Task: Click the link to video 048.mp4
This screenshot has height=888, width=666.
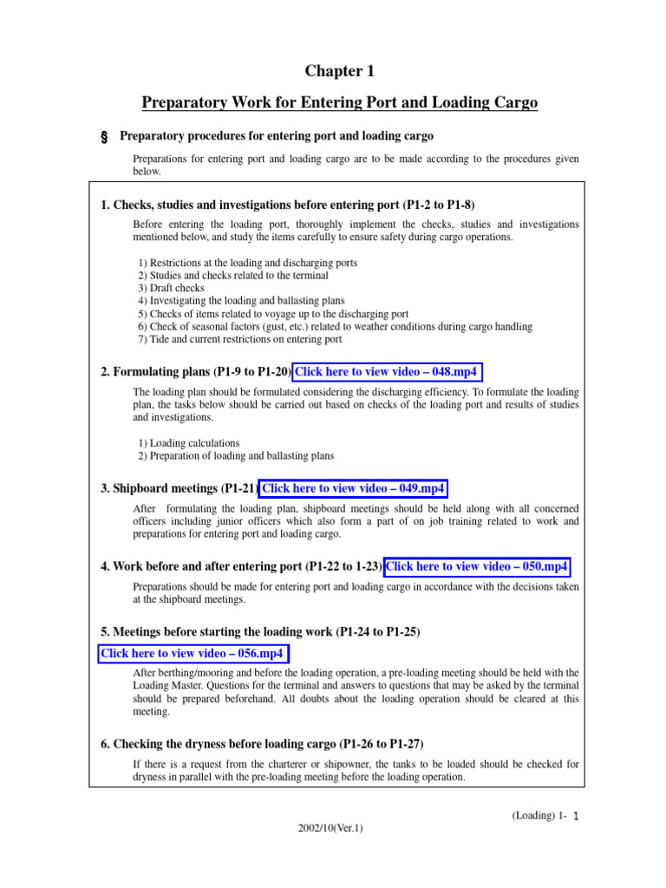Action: (387, 372)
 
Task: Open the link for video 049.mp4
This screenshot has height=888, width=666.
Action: (354, 489)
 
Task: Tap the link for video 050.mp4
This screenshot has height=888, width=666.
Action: (477, 566)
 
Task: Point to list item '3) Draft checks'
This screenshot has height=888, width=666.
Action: (172, 288)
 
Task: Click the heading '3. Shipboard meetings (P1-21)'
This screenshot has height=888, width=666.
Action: (179, 489)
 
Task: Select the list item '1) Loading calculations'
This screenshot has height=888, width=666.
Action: (189, 443)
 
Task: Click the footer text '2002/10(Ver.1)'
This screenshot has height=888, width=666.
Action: (330, 828)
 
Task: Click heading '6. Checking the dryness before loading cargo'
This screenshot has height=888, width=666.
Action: (262, 744)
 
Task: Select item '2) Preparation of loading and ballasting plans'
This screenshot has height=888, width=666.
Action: (236, 455)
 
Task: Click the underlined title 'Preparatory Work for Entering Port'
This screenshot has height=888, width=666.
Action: (339, 103)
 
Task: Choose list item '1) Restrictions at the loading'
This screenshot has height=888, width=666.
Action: (248, 263)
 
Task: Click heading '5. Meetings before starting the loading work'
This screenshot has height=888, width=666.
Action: (260, 632)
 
